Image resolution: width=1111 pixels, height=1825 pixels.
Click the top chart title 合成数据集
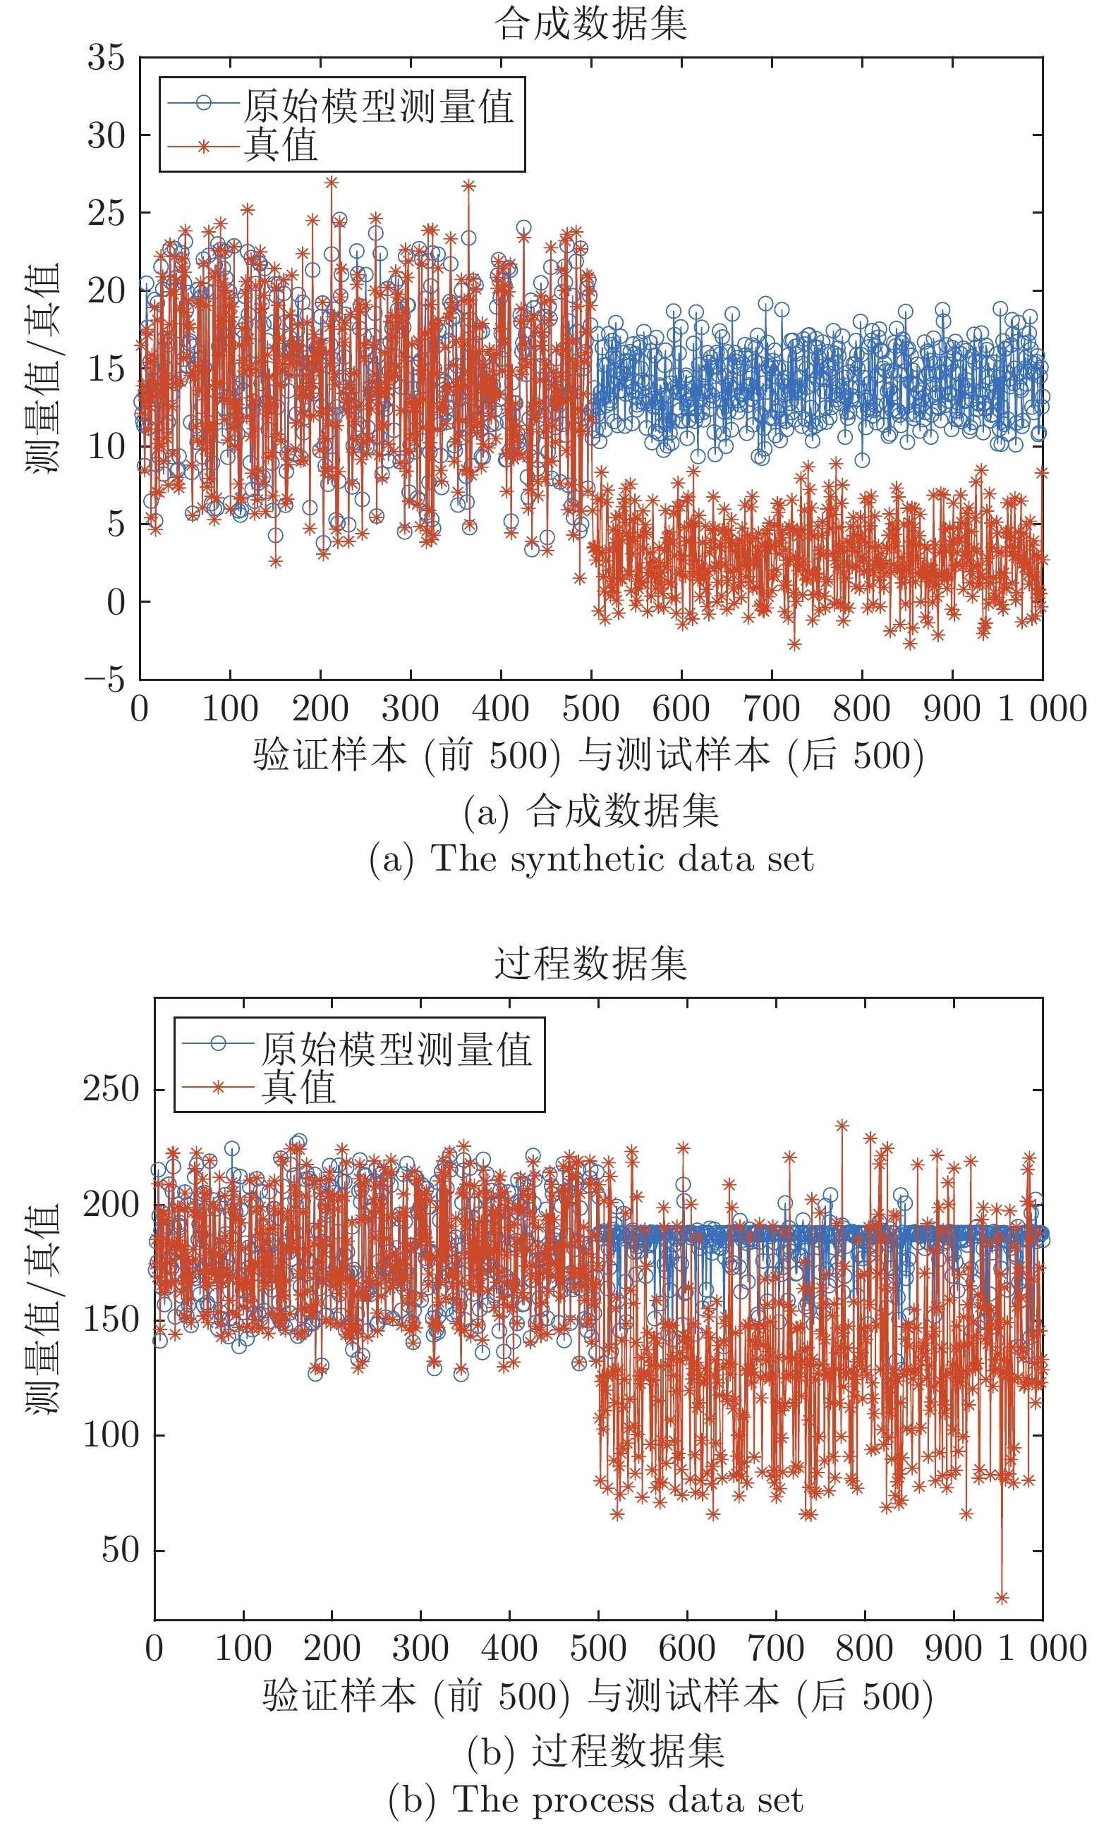click(590, 24)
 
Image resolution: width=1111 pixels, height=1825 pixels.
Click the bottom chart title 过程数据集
click(590, 964)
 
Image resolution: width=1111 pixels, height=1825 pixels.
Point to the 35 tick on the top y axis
click(106, 58)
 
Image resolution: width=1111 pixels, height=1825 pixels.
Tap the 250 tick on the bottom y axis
click(111, 1090)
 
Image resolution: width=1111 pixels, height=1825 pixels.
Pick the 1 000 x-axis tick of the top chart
click(1042, 709)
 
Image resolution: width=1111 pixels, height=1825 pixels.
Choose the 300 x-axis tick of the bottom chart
click(420, 1649)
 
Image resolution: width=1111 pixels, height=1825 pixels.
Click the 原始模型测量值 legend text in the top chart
click(379, 106)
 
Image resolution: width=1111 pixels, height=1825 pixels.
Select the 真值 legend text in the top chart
click(281, 145)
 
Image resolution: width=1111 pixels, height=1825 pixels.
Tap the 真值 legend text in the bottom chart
click(298, 1087)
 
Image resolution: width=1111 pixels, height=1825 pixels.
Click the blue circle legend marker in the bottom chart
click(218, 1043)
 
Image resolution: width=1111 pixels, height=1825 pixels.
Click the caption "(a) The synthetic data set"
click(590, 859)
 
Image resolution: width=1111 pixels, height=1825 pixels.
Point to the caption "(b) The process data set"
click(595, 1800)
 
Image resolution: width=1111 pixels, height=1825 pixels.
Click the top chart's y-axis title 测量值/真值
click(42, 368)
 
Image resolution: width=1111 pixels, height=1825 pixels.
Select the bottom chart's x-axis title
click(597, 1696)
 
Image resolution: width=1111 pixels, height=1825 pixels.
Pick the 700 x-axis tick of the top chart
click(772, 709)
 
